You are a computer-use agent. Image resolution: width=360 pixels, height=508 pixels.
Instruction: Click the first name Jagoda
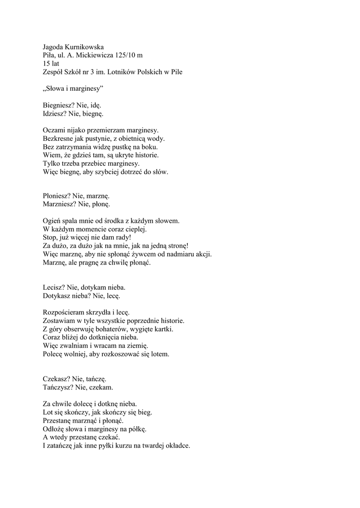54,47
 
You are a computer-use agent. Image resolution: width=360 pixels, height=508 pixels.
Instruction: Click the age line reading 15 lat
51,63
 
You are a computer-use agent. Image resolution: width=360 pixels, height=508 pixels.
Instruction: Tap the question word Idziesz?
55,114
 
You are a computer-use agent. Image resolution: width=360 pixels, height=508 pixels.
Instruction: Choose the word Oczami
54,130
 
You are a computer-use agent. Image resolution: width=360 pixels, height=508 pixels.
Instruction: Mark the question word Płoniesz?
57,197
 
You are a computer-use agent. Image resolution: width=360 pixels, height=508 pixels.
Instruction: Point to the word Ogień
52,220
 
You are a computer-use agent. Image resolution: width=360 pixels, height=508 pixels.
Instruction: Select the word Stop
50,237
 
